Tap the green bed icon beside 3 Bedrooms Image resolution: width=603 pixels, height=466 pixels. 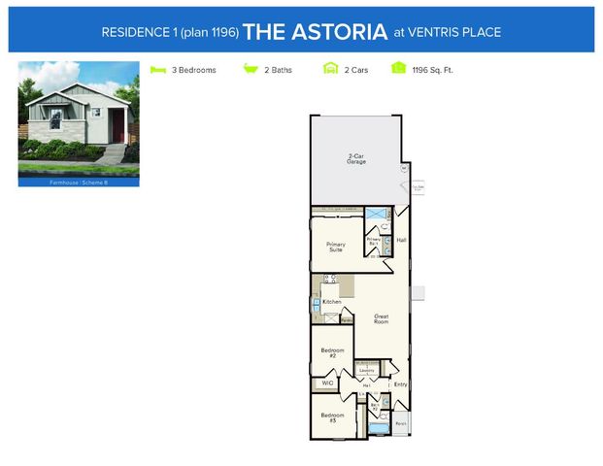point(158,70)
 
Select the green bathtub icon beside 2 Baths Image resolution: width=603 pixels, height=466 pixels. point(250,70)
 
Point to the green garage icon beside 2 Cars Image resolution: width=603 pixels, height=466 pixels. point(330,70)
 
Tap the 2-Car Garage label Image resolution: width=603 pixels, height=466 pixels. point(357,158)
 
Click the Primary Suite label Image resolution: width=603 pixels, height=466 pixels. point(336,247)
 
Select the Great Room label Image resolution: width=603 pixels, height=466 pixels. point(381,317)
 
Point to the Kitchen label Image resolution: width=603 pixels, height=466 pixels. point(331,302)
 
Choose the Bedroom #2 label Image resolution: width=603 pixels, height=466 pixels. point(331,354)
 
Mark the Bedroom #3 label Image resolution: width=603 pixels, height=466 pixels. point(331,417)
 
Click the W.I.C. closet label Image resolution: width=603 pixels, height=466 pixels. point(327,383)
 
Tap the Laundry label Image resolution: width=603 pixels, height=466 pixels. point(367,370)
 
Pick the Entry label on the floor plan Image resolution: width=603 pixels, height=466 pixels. point(400,384)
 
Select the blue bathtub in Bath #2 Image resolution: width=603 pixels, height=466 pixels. point(378,426)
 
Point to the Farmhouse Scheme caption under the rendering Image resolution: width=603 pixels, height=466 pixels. point(79,182)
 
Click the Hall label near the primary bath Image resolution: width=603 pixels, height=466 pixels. point(401,239)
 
